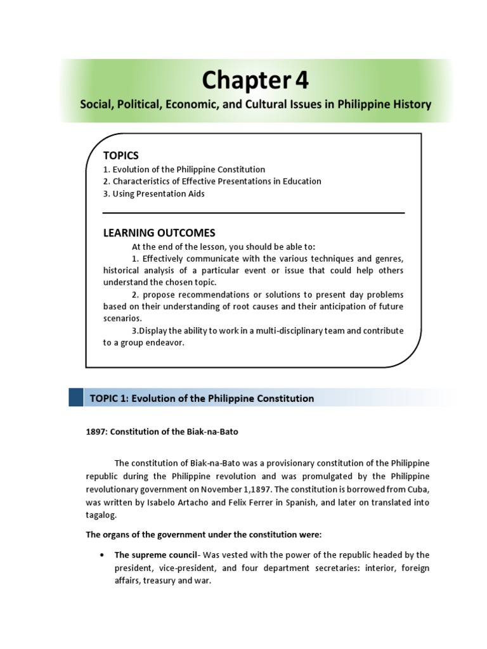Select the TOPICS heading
[120, 156]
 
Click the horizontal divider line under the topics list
[254, 213]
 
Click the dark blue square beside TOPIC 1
[76, 398]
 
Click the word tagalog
[101, 516]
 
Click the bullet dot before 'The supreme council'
[102, 555]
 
